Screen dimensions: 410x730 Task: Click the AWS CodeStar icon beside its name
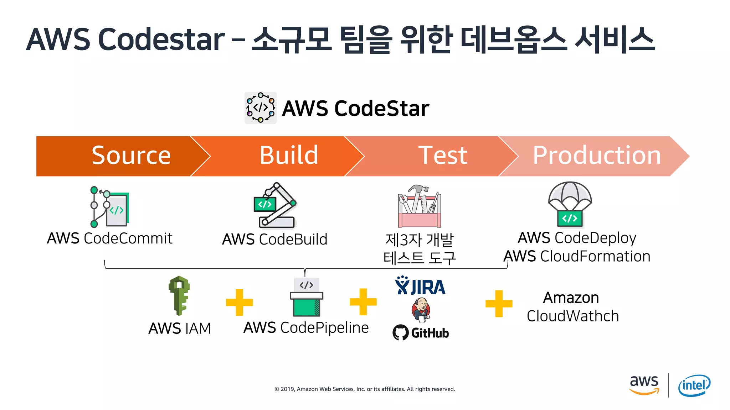tap(261, 108)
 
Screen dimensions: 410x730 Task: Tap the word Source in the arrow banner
tap(131, 156)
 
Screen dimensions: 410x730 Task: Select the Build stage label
tap(289, 156)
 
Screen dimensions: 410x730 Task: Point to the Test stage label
tap(443, 156)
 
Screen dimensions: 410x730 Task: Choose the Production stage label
tap(597, 156)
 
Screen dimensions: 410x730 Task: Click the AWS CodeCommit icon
tap(110, 207)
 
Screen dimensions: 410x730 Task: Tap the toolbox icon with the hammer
tap(420, 206)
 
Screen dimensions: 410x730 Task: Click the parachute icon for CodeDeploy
tap(570, 204)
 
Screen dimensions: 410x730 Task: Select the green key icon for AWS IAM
tap(179, 295)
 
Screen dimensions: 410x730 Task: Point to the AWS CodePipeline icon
tap(307, 297)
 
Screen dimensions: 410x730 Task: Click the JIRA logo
tap(420, 286)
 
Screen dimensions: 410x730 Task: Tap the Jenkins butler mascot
tap(421, 309)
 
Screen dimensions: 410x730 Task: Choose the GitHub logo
tap(421, 333)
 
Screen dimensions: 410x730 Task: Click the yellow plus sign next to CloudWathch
tap(499, 304)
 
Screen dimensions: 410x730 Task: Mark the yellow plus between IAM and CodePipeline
tap(239, 303)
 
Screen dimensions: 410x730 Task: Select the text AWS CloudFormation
tap(577, 256)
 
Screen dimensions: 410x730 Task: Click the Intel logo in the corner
tap(694, 385)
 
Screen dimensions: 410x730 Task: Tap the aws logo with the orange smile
tap(644, 384)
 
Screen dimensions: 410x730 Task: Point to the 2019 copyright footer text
tap(365, 389)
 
